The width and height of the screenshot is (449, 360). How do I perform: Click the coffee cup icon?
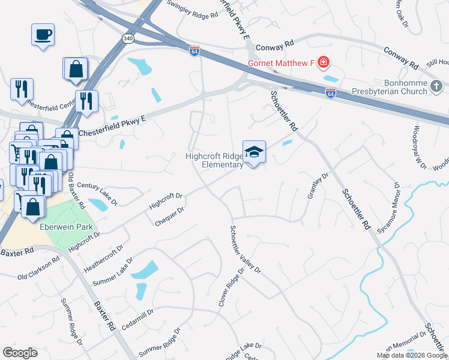[x=43, y=34]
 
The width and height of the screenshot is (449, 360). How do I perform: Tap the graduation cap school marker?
[x=254, y=151]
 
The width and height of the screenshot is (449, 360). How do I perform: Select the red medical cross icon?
[x=324, y=62]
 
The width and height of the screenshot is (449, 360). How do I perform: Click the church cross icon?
[x=438, y=87]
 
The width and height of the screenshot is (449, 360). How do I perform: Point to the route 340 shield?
[x=127, y=38]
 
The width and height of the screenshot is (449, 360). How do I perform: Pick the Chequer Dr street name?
[x=169, y=215]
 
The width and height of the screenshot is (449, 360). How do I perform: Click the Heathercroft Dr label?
[x=104, y=257]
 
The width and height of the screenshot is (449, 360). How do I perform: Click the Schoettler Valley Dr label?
[x=245, y=249]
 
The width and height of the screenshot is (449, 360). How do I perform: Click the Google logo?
[x=20, y=353]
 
